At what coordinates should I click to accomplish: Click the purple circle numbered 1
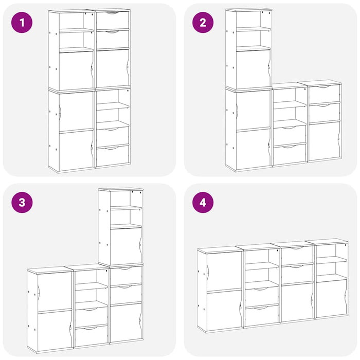[x=22, y=22]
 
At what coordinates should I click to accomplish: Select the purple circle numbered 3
[x=22, y=202]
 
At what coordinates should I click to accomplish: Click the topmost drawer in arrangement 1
[x=113, y=20]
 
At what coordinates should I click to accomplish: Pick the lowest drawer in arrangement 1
[x=113, y=156]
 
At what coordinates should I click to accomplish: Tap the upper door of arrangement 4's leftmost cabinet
[x=224, y=272]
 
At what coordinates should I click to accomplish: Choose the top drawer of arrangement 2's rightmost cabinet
[x=325, y=94]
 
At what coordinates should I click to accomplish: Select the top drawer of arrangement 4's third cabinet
[x=297, y=256]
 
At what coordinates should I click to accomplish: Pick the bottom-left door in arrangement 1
[x=76, y=149]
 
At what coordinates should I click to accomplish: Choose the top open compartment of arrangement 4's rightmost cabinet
[x=331, y=251]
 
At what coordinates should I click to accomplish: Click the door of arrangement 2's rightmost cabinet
[x=325, y=140]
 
